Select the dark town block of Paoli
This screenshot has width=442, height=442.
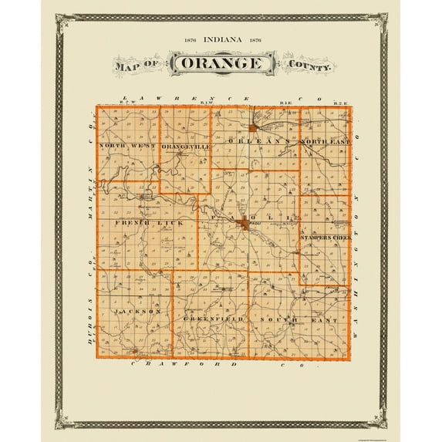point(244,224)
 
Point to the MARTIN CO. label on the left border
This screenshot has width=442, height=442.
point(90,169)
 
